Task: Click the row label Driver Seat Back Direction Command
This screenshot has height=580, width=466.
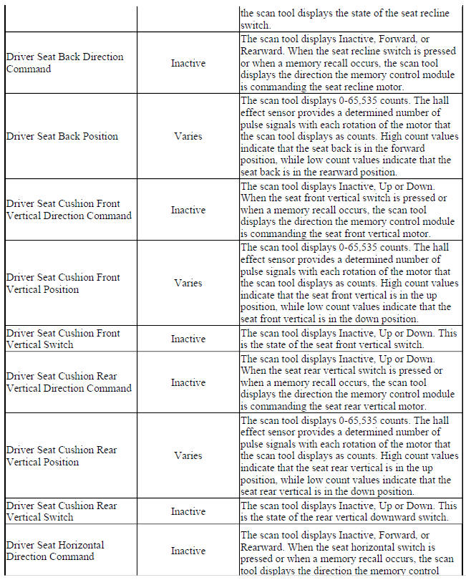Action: click(x=64, y=63)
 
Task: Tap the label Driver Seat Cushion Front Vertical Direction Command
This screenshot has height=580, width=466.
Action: click(x=69, y=210)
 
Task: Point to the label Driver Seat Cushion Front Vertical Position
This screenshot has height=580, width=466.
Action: click(x=63, y=283)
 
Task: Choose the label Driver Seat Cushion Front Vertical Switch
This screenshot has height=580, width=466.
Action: click(x=63, y=339)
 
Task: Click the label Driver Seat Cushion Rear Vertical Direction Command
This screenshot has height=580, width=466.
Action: click(x=69, y=382)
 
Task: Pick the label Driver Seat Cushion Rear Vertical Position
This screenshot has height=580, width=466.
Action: click(x=62, y=455)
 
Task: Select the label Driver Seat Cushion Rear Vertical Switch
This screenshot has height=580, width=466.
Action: click(x=62, y=511)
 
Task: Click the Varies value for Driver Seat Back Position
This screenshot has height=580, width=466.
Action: click(x=188, y=136)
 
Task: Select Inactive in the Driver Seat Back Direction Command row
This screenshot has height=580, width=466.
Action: click(x=188, y=63)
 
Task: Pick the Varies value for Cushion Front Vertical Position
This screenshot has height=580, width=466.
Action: click(x=188, y=283)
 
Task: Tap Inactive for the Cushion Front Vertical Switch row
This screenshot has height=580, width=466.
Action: click(x=188, y=339)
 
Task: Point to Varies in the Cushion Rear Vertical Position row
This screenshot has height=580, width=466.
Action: click(x=188, y=455)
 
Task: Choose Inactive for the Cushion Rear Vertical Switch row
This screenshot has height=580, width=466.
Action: click(x=188, y=511)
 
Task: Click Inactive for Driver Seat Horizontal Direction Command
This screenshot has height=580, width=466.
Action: click(x=188, y=551)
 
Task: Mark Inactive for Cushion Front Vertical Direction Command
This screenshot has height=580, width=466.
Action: click(x=188, y=210)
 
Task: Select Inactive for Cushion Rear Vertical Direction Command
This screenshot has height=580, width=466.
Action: click(x=188, y=382)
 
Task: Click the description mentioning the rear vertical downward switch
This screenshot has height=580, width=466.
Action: click(x=349, y=511)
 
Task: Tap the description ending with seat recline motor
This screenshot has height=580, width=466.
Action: click(x=349, y=63)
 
